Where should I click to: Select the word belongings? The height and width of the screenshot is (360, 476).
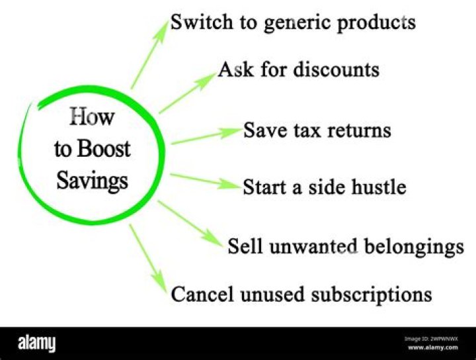click(x=412, y=247)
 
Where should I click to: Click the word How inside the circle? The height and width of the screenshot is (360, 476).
click(x=92, y=118)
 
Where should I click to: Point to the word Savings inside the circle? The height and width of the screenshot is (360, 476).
click(x=92, y=180)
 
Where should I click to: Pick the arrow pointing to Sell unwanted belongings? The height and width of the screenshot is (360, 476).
click(x=192, y=225)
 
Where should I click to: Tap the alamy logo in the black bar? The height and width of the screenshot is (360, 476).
click(x=36, y=343)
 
